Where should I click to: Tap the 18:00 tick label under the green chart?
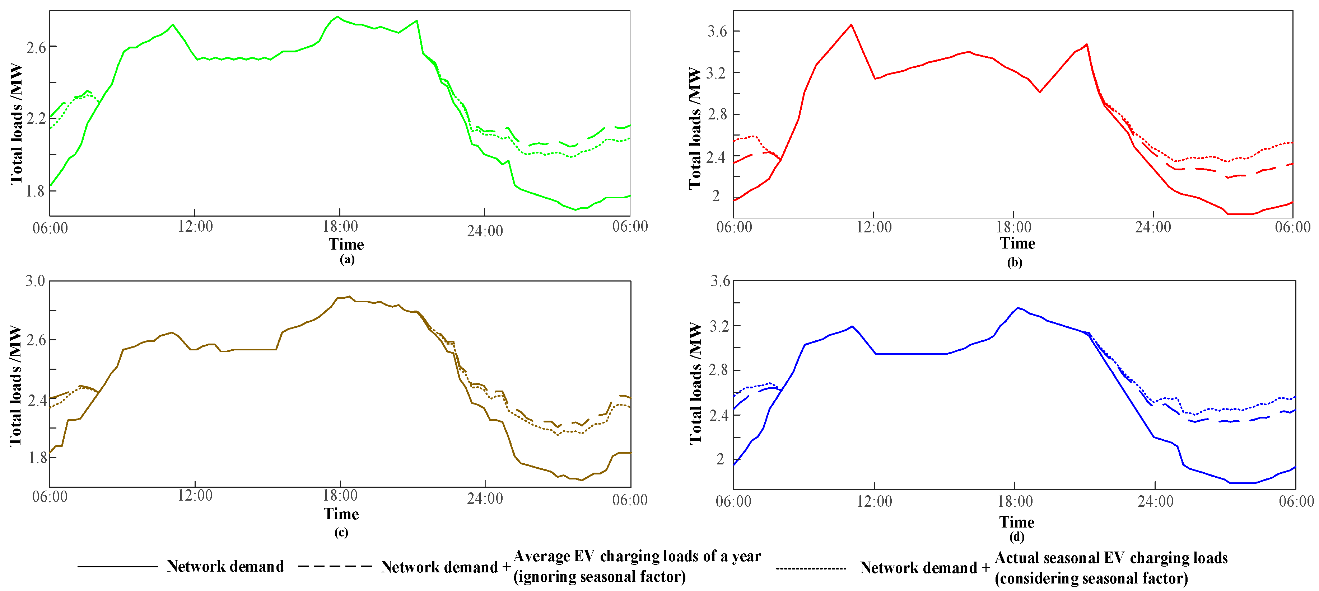point(340,227)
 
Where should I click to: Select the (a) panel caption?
point(347,259)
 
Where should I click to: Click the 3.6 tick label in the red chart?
point(717,31)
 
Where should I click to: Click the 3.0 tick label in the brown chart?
point(35,281)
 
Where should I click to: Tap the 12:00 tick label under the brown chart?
point(195,495)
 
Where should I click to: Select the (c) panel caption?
point(341,533)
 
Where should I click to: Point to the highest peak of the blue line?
point(1017,308)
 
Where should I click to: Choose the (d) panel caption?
point(1016,537)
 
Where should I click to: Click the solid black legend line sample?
point(117,567)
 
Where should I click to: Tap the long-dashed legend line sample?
point(334,567)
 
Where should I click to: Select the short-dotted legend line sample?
point(811,568)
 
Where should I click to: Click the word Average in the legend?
point(542,556)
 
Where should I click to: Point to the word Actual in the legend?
point(1012,558)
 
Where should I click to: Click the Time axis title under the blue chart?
point(1016,523)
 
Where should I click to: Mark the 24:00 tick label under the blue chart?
point(1156,501)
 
